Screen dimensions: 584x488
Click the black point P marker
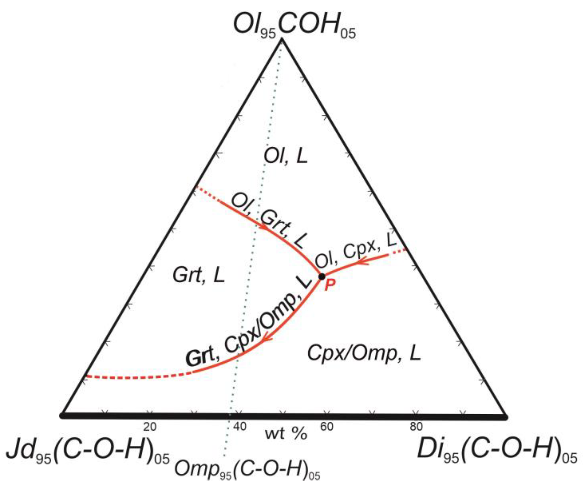(321, 277)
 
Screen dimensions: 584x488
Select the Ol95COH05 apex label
(294, 26)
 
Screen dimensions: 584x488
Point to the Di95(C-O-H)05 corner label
(497, 458)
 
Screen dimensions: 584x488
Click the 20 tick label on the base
(150, 427)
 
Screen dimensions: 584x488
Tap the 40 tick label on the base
(240, 427)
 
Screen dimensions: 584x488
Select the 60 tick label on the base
(326, 427)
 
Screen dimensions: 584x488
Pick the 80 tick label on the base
(416, 427)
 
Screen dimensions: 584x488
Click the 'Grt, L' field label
(199, 276)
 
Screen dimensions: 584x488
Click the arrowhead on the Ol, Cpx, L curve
(363, 262)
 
